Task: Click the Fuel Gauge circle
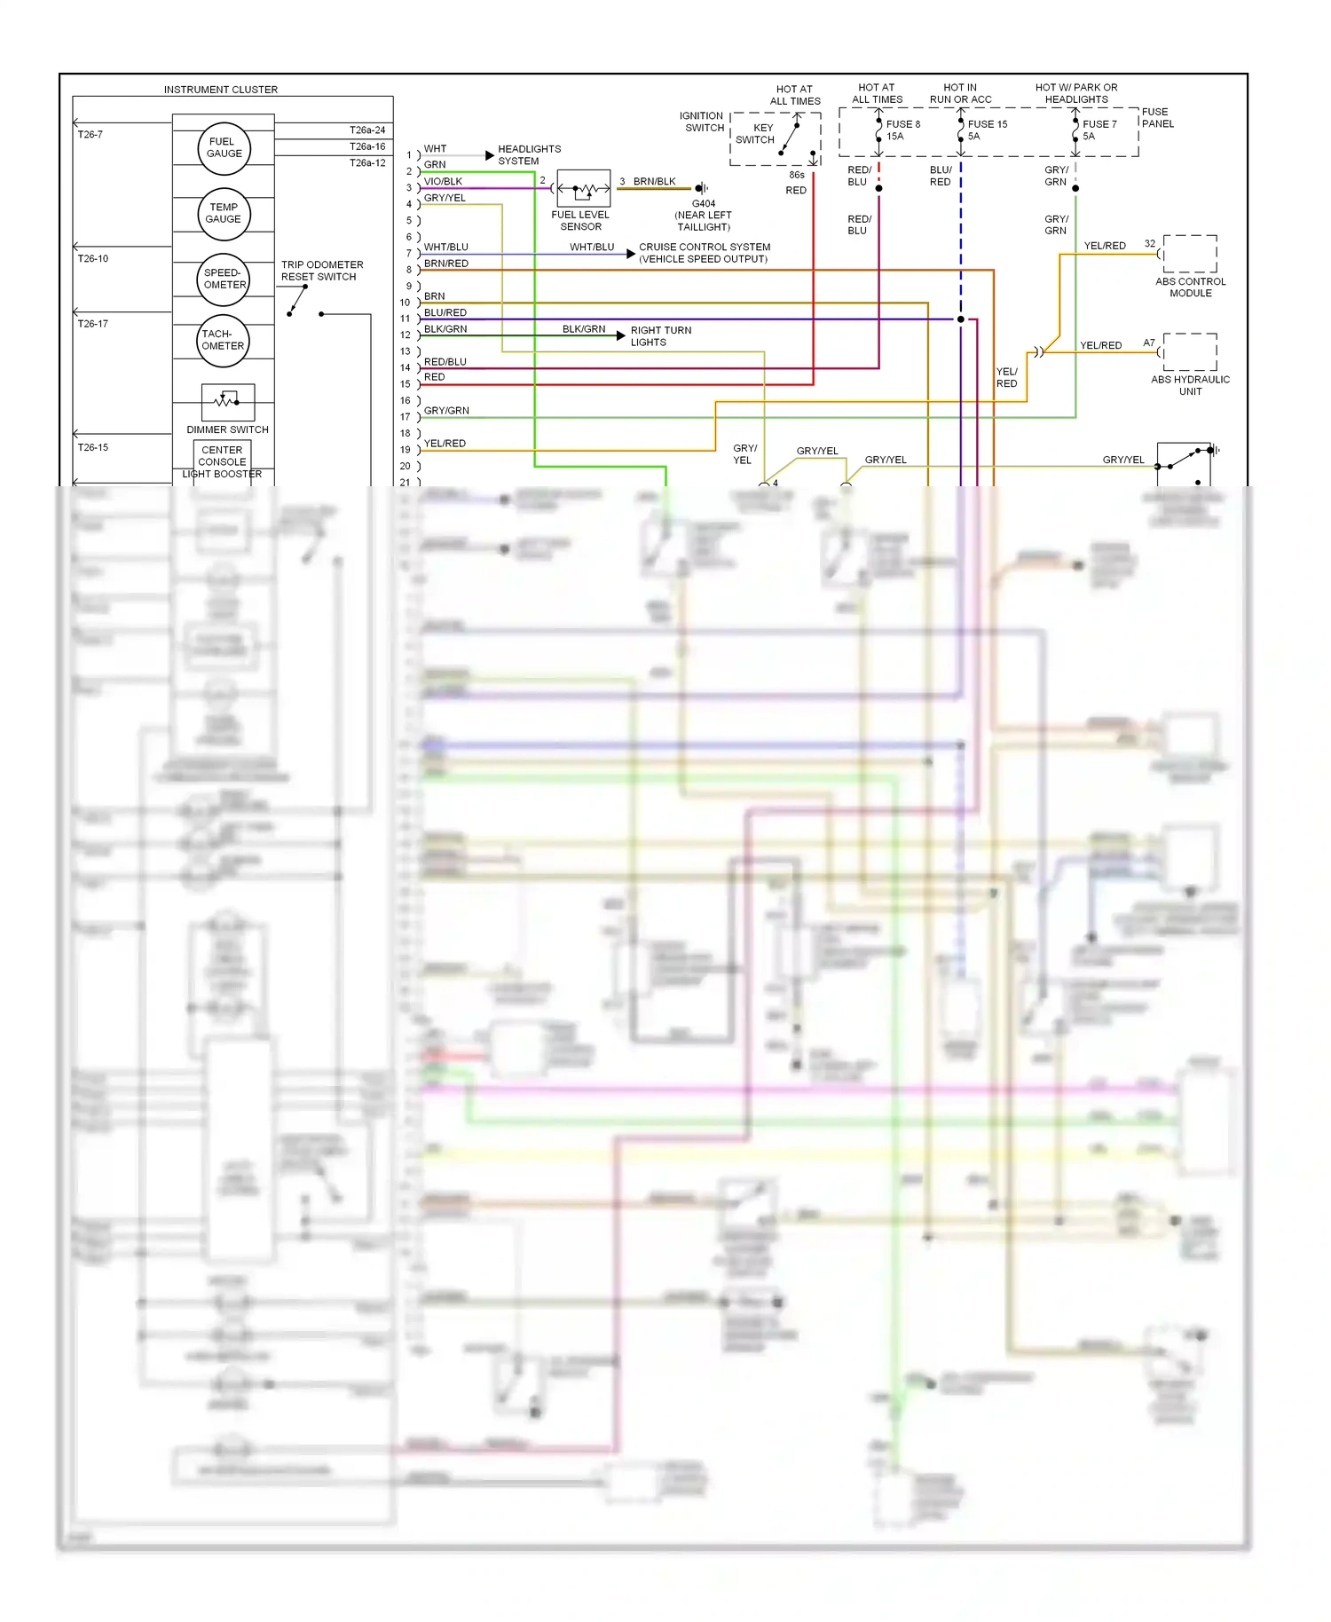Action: click(224, 148)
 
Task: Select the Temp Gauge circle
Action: click(224, 214)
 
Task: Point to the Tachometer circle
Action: click(223, 341)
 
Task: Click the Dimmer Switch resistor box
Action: click(228, 402)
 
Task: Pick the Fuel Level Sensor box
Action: click(583, 188)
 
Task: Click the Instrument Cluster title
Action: click(221, 90)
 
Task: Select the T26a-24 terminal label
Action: click(367, 130)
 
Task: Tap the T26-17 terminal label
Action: click(93, 324)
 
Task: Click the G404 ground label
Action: click(704, 204)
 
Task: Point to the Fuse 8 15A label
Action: click(902, 130)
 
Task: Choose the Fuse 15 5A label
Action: click(987, 130)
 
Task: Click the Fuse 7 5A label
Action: click(1099, 130)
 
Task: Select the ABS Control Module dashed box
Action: click(1190, 254)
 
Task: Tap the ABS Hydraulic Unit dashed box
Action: click(1190, 352)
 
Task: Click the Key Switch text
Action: click(755, 134)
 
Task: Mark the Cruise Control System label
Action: click(705, 253)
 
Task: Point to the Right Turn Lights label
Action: click(660, 336)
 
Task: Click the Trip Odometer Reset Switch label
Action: click(322, 271)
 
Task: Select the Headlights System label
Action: click(529, 155)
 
